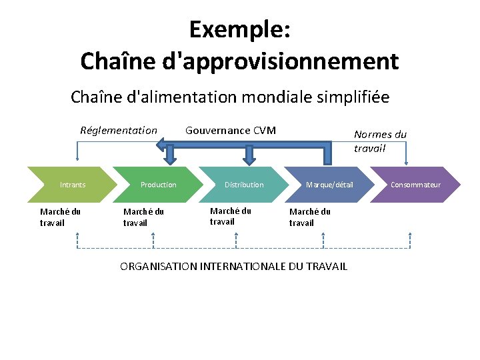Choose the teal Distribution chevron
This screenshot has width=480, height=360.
click(244, 185)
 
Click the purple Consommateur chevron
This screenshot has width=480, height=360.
click(415, 185)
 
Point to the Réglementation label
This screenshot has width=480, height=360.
click(119, 130)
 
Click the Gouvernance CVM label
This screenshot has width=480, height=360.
click(230, 130)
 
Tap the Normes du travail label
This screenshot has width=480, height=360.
click(380, 141)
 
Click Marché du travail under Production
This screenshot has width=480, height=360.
click(143, 217)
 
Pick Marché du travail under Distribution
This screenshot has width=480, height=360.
click(230, 216)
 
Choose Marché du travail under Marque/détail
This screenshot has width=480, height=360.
click(309, 217)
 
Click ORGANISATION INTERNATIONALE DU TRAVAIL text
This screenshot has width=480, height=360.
click(233, 267)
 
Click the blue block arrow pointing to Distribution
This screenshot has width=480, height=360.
click(249, 155)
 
